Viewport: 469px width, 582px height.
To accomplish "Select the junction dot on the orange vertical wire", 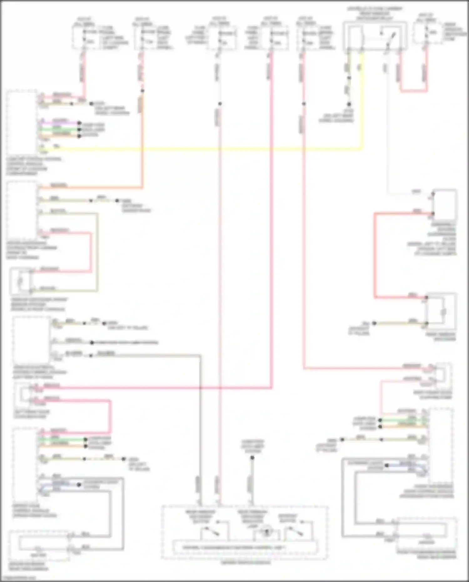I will point(142,91).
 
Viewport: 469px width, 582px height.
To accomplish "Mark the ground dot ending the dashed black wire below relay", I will point(349,104).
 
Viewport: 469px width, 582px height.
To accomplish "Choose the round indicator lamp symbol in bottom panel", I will point(266,532).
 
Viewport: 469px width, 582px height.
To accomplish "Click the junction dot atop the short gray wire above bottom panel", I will point(252,458).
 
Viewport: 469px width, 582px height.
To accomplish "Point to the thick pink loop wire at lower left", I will point(110,416).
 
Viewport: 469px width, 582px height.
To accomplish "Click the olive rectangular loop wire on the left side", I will point(97,250).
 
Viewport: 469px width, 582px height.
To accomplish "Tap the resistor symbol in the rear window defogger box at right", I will point(443,312).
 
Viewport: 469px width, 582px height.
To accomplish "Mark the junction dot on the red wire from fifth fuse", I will point(304,104).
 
